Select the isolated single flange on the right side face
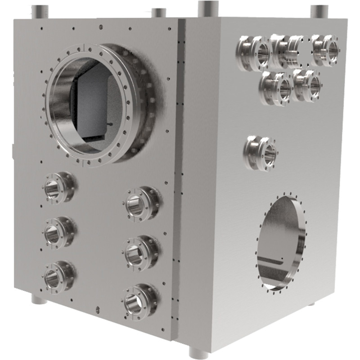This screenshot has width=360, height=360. [261, 153]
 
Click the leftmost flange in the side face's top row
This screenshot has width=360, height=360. [254, 54]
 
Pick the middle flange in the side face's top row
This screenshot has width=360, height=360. [288, 51]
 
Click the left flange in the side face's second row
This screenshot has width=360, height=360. [275, 87]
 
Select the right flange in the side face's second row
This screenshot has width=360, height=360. [308, 84]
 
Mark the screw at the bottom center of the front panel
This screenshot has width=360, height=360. [98, 309]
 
